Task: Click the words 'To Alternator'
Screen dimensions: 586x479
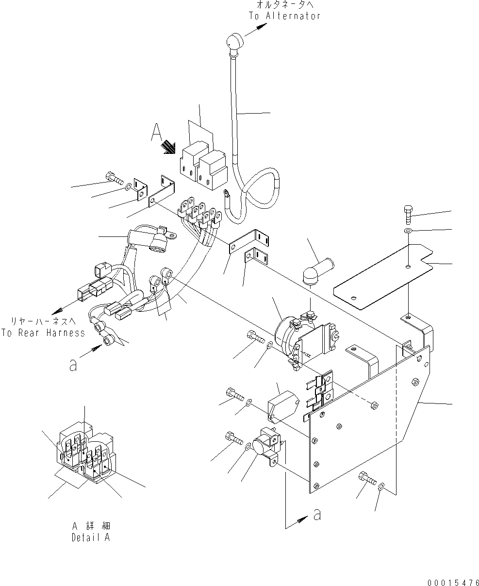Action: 285,16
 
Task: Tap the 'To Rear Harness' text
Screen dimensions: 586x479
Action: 43,333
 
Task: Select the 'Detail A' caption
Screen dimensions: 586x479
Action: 91,538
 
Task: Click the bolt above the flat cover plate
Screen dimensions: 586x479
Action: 408,213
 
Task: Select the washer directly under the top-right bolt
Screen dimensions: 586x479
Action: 408,229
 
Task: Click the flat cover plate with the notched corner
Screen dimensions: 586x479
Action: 383,277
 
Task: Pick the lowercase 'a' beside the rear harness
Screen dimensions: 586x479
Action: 73,365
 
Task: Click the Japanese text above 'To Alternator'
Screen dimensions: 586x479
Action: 285,5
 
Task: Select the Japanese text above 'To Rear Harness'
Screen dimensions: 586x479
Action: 43,321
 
